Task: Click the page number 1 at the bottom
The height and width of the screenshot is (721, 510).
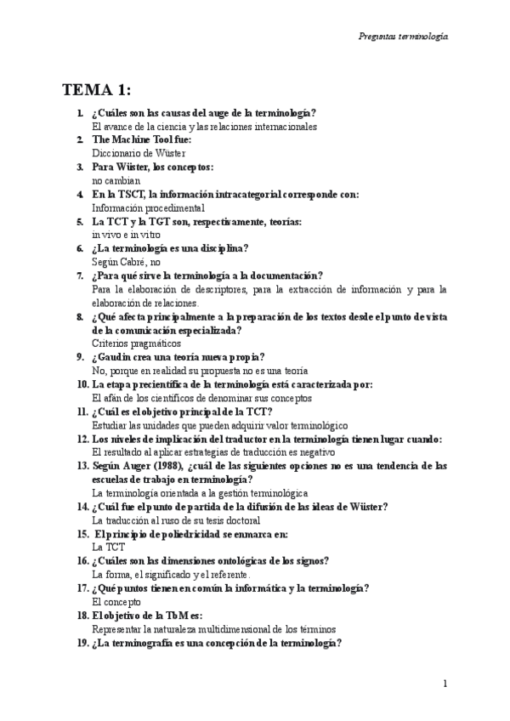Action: click(445, 684)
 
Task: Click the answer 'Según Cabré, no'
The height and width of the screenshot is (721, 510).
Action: click(126, 263)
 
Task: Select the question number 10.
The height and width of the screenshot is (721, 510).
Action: click(82, 384)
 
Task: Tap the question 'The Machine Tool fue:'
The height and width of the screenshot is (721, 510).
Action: click(141, 139)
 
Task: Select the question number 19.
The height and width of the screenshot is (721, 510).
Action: click(82, 643)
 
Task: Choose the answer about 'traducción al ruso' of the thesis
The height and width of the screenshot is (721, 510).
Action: click(175, 520)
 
